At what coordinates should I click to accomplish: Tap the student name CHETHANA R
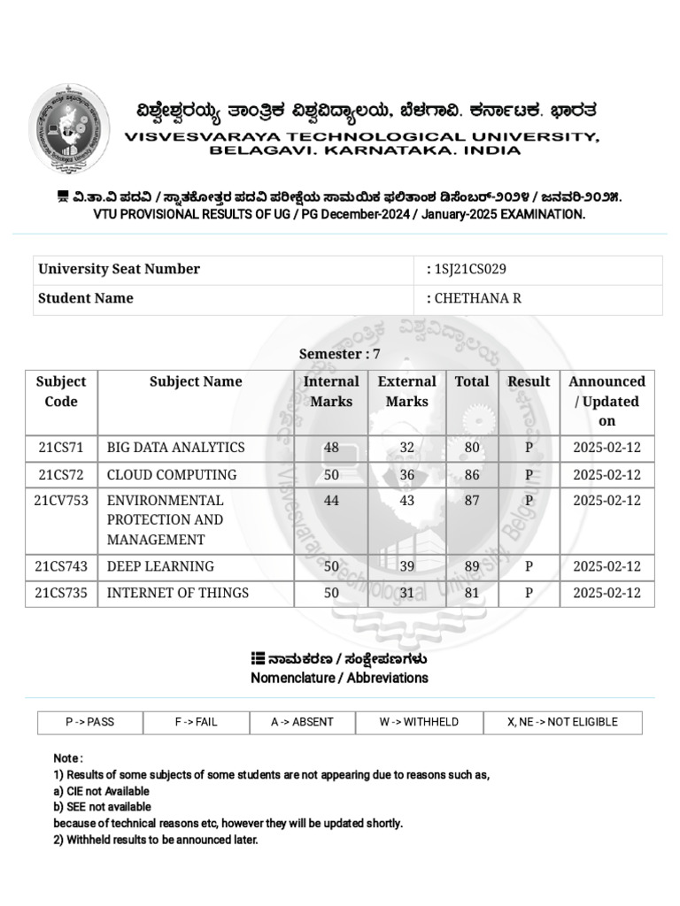[x=476, y=298]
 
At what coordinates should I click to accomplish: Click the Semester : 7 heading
[x=339, y=354]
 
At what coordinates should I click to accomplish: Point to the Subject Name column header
[x=196, y=382]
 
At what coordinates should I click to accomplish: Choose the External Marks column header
[x=406, y=392]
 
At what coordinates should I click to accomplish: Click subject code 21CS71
[x=61, y=448]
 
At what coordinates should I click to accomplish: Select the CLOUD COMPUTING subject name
[x=172, y=474]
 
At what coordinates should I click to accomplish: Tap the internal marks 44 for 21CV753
[x=331, y=501]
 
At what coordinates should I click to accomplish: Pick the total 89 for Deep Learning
[x=472, y=566]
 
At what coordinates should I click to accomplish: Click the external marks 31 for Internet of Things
[x=406, y=593]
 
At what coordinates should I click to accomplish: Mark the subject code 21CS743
[x=61, y=566]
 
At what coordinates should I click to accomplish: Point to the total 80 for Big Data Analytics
[x=472, y=448]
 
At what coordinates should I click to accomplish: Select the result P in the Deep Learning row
[x=529, y=566]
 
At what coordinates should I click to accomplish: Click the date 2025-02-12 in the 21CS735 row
[x=607, y=593]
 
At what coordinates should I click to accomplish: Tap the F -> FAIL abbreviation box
[x=196, y=722]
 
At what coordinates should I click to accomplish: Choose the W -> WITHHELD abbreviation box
[x=419, y=722]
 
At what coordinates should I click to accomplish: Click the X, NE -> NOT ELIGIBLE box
[x=562, y=722]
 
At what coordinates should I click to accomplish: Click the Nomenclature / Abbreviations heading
[x=339, y=678]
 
